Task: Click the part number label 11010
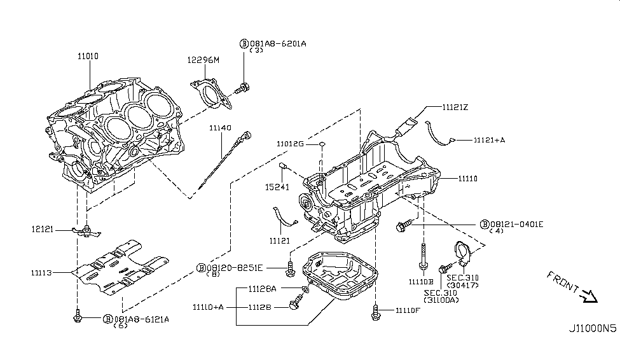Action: (x=88, y=56)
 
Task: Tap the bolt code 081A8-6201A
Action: (x=278, y=43)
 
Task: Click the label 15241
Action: (x=278, y=188)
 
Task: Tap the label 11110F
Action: (x=407, y=310)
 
